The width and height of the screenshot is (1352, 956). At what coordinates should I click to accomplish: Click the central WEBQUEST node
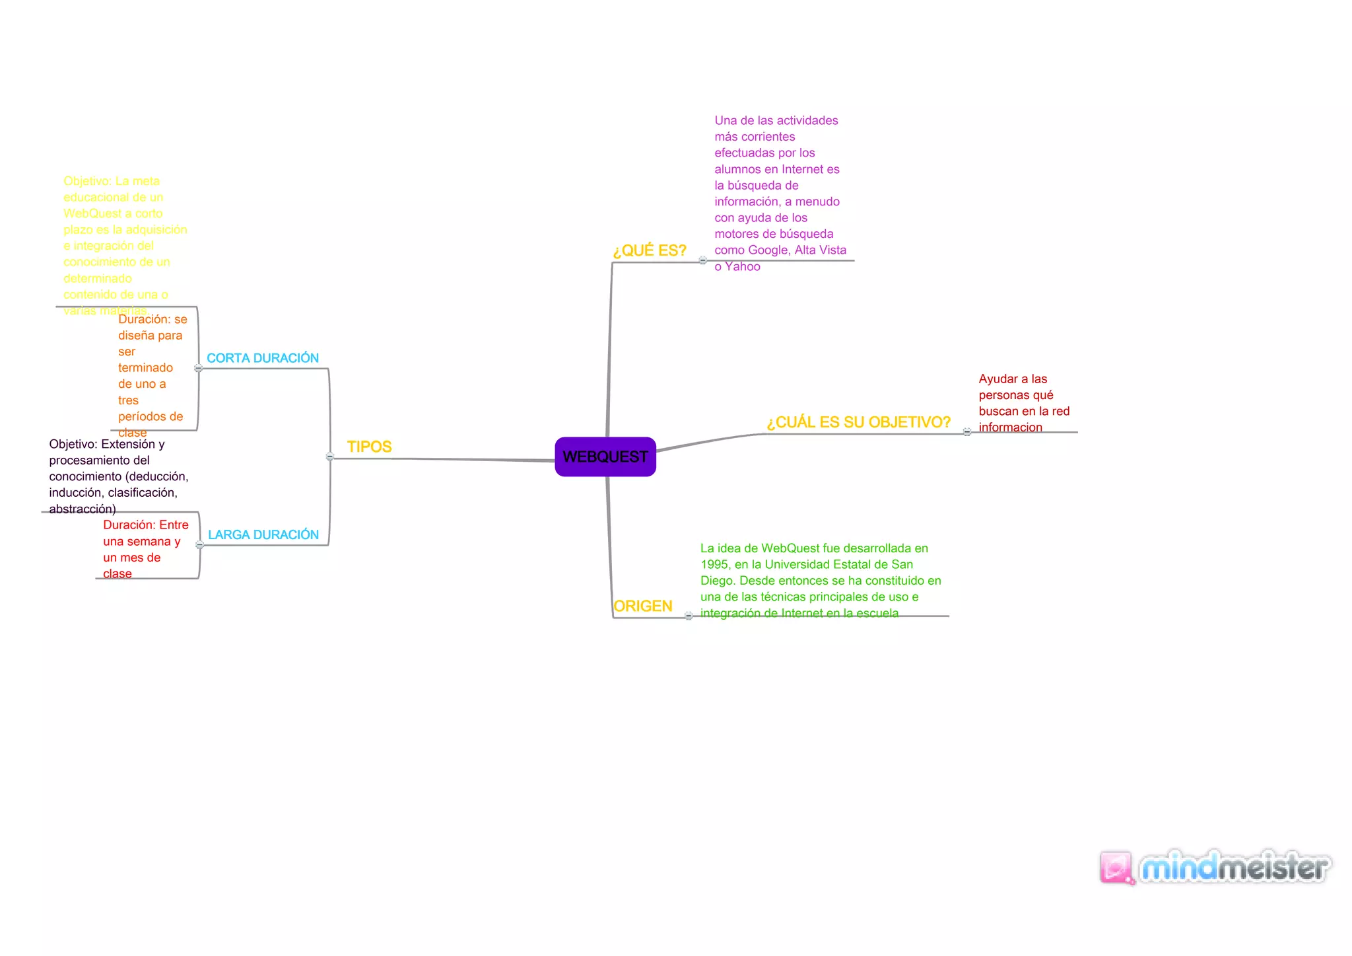(x=605, y=457)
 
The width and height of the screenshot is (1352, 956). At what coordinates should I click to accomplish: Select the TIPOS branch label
(x=369, y=447)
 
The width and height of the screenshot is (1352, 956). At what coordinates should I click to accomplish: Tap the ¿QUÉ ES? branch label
(x=650, y=250)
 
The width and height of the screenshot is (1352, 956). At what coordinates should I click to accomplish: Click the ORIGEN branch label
(x=642, y=606)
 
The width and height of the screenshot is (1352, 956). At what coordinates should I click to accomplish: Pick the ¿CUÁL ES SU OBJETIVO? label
(x=858, y=422)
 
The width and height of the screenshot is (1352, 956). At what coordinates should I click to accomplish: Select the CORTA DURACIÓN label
(x=263, y=358)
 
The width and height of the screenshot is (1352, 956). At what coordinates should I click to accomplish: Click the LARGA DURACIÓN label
(x=263, y=534)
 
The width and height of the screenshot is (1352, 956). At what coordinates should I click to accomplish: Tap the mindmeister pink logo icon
(x=1116, y=867)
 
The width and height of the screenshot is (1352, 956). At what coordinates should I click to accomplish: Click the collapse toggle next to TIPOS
(x=330, y=457)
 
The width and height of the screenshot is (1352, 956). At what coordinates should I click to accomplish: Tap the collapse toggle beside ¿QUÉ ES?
(x=703, y=260)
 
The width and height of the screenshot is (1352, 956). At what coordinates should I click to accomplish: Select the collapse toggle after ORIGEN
(x=689, y=616)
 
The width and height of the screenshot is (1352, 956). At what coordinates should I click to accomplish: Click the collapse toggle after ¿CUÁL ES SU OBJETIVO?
(x=967, y=432)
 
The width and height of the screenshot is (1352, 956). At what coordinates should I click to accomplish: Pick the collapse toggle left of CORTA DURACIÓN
(x=199, y=368)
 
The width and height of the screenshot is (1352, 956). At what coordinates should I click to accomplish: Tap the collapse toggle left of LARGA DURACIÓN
(x=199, y=545)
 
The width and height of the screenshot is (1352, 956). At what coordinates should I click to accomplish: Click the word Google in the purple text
(x=768, y=250)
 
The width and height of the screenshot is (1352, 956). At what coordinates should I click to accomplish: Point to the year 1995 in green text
(x=714, y=564)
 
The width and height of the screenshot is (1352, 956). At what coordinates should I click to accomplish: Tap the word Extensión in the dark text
(x=129, y=444)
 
